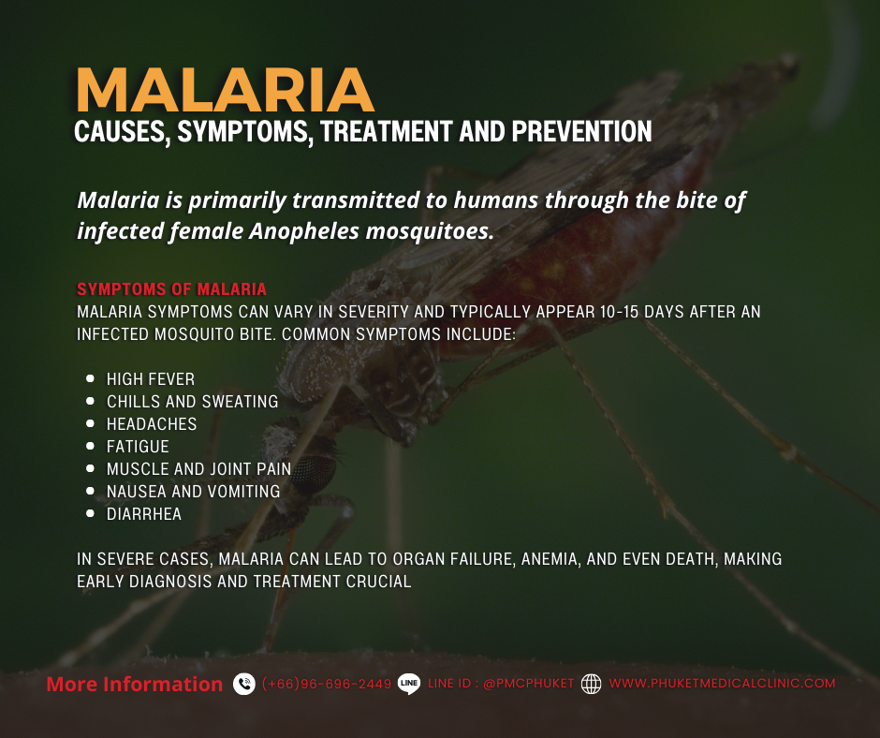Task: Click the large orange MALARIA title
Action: click(x=225, y=91)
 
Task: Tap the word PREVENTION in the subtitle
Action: click(x=581, y=132)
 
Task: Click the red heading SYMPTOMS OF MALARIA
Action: click(x=171, y=289)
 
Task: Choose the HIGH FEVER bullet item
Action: click(x=151, y=379)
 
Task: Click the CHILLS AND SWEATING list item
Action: click(x=192, y=402)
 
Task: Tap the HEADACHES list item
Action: click(x=152, y=424)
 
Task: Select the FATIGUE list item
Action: click(x=138, y=447)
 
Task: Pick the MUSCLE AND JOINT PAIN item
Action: click(x=198, y=469)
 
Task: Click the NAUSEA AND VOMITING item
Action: click(x=193, y=492)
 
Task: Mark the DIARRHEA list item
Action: click(x=144, y=514)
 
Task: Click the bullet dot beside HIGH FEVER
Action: click(x=90, y=379)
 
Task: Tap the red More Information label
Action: click(x=134, y=685)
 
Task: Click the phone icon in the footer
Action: click(x=244, y=685)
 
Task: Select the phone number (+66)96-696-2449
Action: click(x=327, y=685)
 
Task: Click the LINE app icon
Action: click(x=409, y=685)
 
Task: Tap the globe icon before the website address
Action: click(x=591, y=685)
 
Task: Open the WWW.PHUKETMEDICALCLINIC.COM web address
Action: click(x=722, y=685)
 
